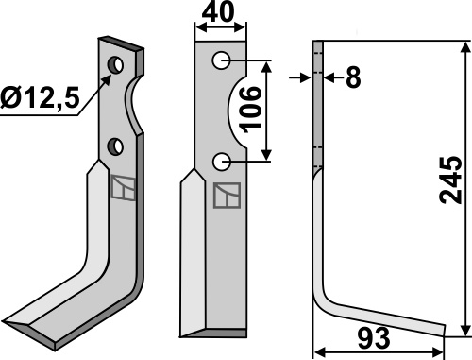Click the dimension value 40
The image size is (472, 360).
point(218,11)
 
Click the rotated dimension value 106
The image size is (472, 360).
point(250,108)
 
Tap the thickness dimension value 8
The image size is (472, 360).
point(353,77)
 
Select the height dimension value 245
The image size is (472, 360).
point(450,180)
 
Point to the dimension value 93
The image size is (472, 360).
point(374,338)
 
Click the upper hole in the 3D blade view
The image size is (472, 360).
point(115,65)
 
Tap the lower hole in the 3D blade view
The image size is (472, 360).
point(115,146)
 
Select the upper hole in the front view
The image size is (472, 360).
point(221,60)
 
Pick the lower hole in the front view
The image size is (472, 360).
point(222,162)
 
